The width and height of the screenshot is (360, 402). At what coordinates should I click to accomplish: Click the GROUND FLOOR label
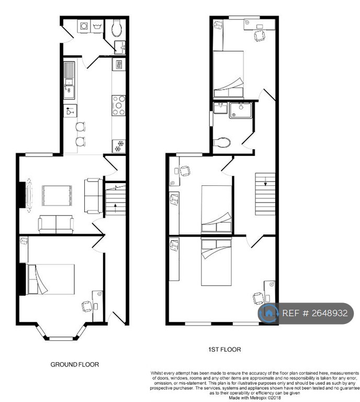[x=74, y=364]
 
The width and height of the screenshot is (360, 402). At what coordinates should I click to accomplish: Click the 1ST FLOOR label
[x=224, y=350]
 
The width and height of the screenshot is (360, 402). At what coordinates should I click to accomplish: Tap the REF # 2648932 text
[x=315, y=313]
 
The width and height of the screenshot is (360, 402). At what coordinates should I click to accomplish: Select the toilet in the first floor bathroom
[x=222, y=142]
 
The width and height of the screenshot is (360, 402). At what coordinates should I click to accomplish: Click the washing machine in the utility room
[x=84, y=26]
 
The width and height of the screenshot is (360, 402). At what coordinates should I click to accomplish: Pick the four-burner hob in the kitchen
[x=118, y=105]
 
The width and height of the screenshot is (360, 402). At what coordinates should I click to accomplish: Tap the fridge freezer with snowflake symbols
[x=119, y=146]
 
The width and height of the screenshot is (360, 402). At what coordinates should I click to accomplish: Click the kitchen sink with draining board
[x=69, y=80]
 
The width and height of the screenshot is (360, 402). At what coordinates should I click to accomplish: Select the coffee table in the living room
[x=57, y=196]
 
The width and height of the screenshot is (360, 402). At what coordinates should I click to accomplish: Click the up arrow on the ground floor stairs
[x=116, y=207]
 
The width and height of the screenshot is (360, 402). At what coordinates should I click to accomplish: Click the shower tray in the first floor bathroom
[x=241, y=110]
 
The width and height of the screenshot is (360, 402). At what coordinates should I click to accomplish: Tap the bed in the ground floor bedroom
[x=50, y=280]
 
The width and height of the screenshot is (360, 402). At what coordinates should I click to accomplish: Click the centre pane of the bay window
[x=61, y=339]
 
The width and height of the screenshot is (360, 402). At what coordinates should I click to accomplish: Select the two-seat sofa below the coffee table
[x=56, y=225]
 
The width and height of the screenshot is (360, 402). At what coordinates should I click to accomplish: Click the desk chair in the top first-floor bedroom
[x=260, y=36]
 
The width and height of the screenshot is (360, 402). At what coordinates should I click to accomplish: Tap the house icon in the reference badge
[x=268, y=313]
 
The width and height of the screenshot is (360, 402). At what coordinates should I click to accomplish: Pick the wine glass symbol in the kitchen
[x=70, y=111]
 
